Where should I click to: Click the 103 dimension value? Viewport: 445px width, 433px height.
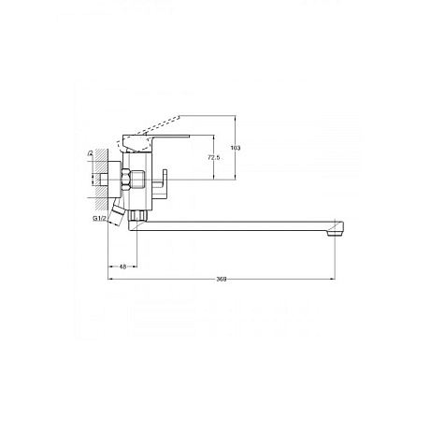(236, 148)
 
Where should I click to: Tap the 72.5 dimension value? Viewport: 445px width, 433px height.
(214, 157)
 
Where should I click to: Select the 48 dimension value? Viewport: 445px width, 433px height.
(123, 267)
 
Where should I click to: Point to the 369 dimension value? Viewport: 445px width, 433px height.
(222, 279)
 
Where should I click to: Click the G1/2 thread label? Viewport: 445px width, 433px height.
(100, 218)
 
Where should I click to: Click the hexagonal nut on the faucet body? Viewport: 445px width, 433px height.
(126, 180)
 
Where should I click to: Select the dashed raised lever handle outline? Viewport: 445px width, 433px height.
(149, 134)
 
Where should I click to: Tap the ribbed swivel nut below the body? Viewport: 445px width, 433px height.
(137, 216)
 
